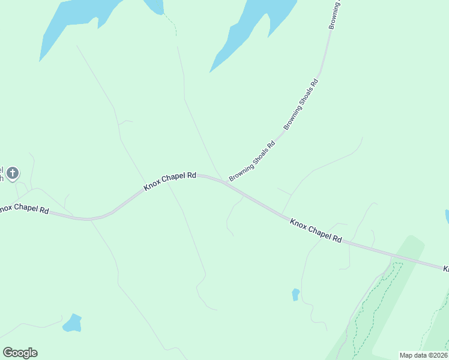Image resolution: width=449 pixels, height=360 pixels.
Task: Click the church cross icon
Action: click(13, 173)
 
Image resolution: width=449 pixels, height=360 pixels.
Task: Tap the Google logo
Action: click(20, 352)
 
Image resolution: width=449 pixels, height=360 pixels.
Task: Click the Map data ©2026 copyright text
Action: click(423, 355)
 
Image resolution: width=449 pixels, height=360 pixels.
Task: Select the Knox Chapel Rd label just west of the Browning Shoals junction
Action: click(170, 181)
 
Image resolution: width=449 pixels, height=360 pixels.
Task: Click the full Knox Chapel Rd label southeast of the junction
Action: click(316, 230)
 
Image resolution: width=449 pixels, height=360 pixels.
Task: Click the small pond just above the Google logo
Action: click(73, 323)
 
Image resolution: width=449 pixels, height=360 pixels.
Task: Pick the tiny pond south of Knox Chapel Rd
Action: click(295, 294)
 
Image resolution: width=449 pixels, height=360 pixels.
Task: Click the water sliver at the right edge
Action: click(447, 217)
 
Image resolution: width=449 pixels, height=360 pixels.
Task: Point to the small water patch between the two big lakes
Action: click(154, 6)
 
